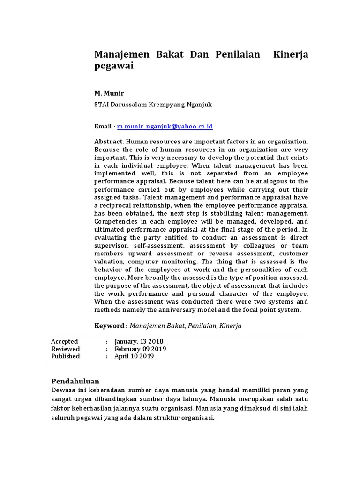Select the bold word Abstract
click(x=109, y=141)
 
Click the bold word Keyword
click(x=110, y=325)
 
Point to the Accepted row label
click(x=65, y=341)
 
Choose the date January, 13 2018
click(x=139, y=341)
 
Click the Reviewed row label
click(x=66, y=349)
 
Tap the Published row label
click(x=66, y=356)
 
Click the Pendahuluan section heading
click(x=75, y=381)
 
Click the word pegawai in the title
click(x=114, y=66)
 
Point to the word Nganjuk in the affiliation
click(x=199, y=105)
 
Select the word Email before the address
click(x=103, y=127)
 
